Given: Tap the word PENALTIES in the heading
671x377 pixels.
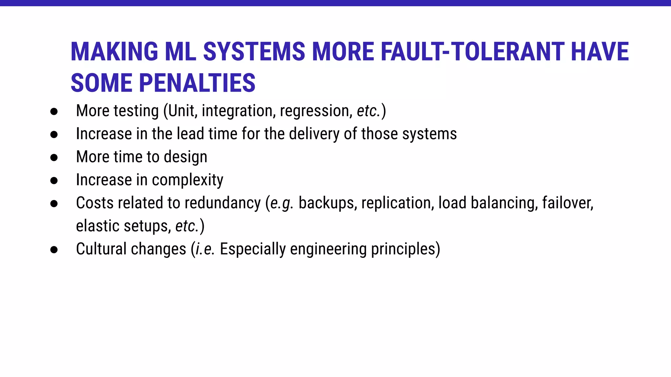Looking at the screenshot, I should click(197, 83).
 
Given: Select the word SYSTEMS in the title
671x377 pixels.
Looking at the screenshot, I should click(254, 52).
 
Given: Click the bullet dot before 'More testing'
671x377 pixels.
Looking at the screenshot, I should click(54, 112).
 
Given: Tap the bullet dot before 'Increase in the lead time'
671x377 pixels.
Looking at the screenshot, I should click(54, 135).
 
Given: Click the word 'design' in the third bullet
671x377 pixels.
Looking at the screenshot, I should click(185, 157).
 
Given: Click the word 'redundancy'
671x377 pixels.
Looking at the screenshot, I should click(222, 203).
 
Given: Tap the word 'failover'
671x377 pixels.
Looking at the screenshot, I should click(567, 203).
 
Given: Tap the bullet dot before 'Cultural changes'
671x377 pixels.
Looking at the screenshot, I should click(54, 250).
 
